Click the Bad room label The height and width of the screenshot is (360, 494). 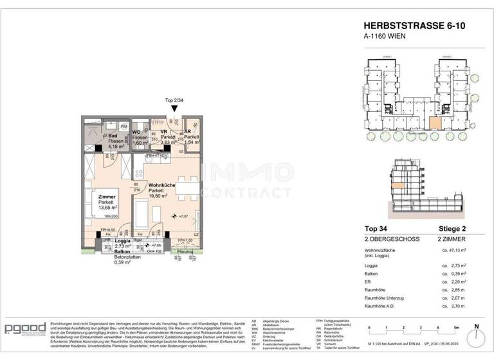point(112,136)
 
